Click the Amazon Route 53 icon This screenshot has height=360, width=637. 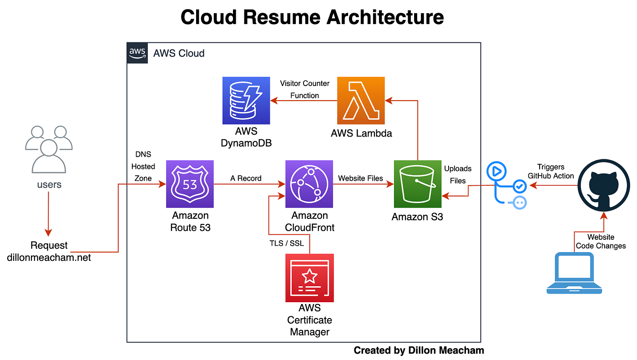click(190, 184)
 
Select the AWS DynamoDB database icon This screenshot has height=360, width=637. click(246, 101)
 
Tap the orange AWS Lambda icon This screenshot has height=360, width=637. click(361, 101)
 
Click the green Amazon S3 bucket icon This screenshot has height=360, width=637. click(418, 184)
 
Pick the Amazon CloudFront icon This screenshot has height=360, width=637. click(309, 184)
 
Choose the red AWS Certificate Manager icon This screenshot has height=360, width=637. click(309, 278)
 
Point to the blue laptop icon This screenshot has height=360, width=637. click(574, 273)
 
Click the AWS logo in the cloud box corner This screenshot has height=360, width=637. click(137, 53)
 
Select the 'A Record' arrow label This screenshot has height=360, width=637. click(246, 178)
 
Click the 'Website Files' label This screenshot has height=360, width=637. click(361, 178)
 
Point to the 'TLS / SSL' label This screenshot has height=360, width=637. click(287, 243)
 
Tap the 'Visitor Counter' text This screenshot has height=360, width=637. click(304, 83)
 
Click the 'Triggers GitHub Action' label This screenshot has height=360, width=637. click(551, 172)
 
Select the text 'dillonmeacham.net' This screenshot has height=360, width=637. click(49, 258)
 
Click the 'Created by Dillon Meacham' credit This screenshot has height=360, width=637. click(419, 350)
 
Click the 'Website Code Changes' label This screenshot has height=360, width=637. click(601, 241)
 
